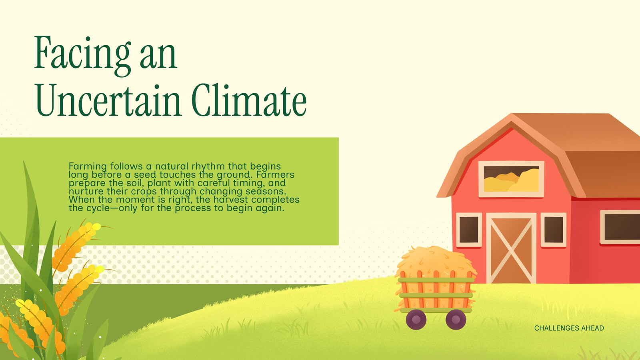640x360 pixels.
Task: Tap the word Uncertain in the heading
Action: click(108, 100)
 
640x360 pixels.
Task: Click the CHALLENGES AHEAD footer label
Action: click(569, 328)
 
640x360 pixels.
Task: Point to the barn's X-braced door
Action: click(511, 248)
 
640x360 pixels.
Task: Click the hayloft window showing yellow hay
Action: click(511, 179)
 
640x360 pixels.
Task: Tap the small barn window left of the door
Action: click(469, 230)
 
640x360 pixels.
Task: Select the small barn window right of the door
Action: click(554, 230)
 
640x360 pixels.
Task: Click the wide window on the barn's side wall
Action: click(620, 227)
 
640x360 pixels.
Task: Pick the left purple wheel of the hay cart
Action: click(416, 320)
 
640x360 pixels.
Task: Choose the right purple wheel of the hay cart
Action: click(456, 320)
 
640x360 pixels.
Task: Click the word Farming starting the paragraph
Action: click(88, 166)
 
